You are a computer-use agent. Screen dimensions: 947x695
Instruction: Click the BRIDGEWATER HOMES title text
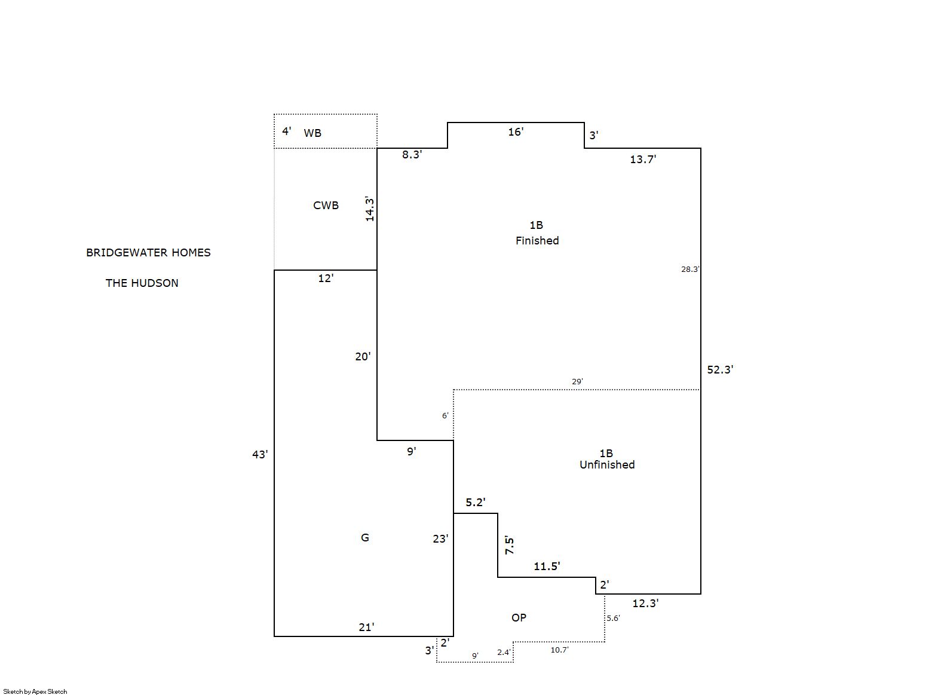(148, 253)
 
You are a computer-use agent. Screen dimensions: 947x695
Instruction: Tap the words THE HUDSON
(142, 283)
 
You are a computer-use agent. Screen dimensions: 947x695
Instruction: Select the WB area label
(312, 133)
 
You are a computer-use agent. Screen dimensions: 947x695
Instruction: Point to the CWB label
(326, 206)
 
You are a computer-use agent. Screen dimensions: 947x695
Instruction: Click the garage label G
(365, 538)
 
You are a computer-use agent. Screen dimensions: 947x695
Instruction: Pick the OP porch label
(519, 618)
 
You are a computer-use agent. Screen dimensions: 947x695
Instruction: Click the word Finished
(537, 241)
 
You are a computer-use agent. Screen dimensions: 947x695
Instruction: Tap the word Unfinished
(607, 465)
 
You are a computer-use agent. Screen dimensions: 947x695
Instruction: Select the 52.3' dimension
(721, 370)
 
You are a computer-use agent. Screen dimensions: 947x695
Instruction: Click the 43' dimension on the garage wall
(260, 454)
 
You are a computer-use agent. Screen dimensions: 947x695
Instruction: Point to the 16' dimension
(516, 132)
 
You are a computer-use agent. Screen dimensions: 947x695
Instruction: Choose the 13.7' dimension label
(643, 160)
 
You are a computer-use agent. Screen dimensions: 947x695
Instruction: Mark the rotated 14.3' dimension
(369, 209)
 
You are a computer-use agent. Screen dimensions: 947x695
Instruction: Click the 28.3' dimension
(690, 270)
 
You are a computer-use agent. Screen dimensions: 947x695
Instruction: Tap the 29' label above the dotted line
(578, 381)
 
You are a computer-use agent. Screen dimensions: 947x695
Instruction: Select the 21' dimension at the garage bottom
(366, 627)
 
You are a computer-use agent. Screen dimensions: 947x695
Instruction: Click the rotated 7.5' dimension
(510, 546)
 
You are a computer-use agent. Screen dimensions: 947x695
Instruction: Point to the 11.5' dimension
(547, 567)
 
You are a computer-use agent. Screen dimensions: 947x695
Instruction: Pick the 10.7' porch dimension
(560, 650)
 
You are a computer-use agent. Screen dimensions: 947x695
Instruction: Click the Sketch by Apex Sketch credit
(35, 691)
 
